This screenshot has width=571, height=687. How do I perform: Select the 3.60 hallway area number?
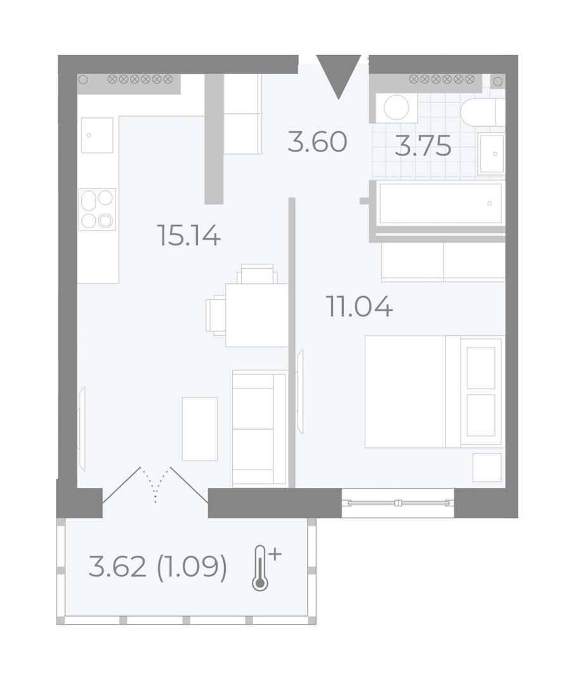(317, 142)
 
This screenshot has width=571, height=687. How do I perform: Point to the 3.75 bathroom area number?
(423, 146)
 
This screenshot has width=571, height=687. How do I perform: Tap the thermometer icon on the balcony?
(265, 568)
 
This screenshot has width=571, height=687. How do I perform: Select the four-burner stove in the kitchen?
(97, 209)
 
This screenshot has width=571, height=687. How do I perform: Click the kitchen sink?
(97, 135)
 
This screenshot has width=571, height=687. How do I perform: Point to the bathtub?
(440, 203)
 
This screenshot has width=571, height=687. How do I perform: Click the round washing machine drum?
(397, 107)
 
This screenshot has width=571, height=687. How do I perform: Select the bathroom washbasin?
(492, 153)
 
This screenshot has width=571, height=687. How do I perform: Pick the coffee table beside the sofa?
(200, 429)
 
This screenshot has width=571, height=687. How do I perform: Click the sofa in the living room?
(260, 428)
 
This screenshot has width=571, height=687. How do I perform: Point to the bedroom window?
(398, 503)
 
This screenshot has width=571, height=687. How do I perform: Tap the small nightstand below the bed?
(487, 468)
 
